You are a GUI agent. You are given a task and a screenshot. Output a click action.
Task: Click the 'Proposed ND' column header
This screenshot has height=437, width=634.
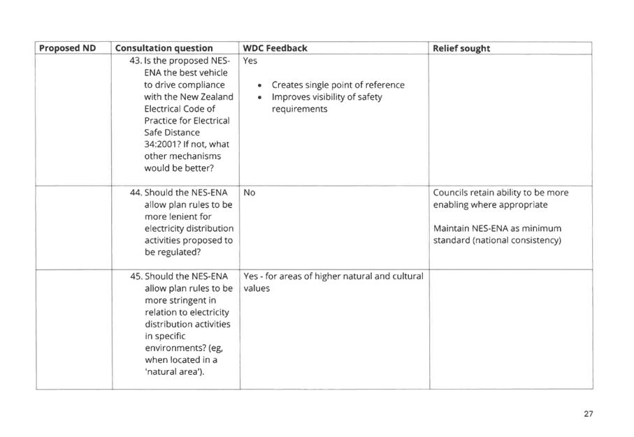point(67,48)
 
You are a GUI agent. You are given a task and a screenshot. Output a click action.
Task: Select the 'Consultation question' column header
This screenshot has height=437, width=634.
point(164,48)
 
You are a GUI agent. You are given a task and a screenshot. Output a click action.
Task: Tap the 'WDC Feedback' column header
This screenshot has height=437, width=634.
point(274,48)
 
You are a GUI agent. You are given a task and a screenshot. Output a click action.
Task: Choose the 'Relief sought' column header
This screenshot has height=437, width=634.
point(461,48)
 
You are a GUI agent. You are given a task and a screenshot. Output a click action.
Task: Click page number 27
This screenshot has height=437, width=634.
point(588,414)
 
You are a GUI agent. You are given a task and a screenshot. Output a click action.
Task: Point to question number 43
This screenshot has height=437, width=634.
point(136,61)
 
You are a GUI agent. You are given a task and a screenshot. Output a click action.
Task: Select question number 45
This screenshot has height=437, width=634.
point(136,276)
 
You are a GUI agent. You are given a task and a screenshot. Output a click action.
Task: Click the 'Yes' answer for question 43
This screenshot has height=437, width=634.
point(249,61)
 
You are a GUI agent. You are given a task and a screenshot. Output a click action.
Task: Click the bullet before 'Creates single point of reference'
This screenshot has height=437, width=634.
point(259,85)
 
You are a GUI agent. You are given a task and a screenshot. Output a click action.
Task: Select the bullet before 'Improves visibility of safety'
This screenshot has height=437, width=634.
point(259,97)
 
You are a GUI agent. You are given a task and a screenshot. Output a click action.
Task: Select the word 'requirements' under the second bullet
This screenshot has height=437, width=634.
point(299,109)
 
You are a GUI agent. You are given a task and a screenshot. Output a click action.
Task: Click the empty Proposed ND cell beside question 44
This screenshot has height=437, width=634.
point(73,226)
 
